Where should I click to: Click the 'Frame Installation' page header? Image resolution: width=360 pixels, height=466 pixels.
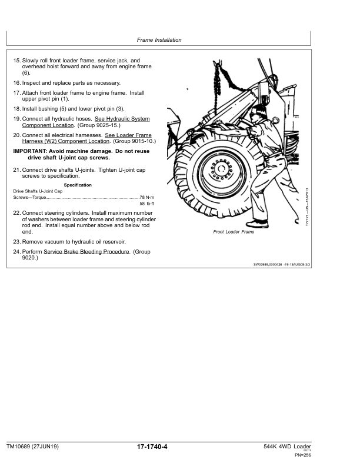click(159, 40)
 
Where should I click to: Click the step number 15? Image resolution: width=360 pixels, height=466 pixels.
click(16, 61)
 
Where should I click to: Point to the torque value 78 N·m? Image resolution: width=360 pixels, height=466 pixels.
click(145, 197)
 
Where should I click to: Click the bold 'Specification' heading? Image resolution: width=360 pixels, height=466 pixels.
click(78, 185)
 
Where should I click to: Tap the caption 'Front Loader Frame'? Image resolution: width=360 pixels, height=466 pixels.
click(234, 232)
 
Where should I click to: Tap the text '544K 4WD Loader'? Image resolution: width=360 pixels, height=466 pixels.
click(288, 447)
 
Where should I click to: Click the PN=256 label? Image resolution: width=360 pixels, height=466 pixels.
click(302, 455)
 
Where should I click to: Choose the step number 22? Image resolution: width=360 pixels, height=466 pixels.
click(16, 212)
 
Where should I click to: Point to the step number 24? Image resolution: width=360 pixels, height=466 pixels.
click(16, 251)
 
